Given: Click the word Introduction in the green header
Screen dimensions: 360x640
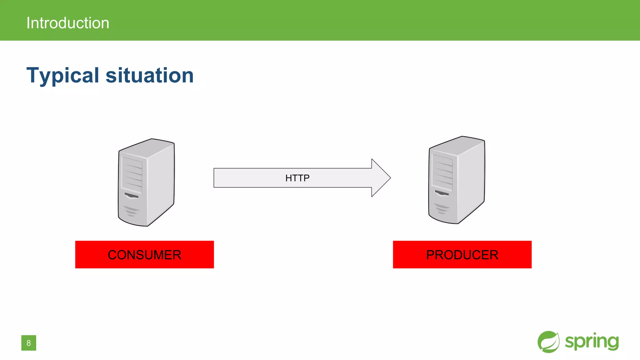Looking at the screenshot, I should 68,23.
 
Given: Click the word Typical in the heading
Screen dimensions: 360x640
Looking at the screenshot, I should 63,75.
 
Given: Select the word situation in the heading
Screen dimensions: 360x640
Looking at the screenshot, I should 150,75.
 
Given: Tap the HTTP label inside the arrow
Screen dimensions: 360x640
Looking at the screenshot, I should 297,178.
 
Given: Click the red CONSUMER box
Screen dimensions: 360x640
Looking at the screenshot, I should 144,254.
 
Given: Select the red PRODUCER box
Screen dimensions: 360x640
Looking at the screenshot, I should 462,254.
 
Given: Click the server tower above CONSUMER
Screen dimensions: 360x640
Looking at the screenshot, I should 146,183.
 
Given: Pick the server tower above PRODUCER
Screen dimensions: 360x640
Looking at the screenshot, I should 456,180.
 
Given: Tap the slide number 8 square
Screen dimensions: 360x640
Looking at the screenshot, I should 29,343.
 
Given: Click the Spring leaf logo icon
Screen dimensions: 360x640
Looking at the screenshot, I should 548,342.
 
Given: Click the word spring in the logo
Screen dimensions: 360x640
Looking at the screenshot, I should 592,342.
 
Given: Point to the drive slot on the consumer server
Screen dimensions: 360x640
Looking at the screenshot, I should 131,196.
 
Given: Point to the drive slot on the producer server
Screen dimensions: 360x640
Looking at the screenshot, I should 442,193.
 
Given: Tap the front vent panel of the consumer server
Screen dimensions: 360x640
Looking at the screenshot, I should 132,175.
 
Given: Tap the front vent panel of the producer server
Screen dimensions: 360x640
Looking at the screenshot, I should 442,172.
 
